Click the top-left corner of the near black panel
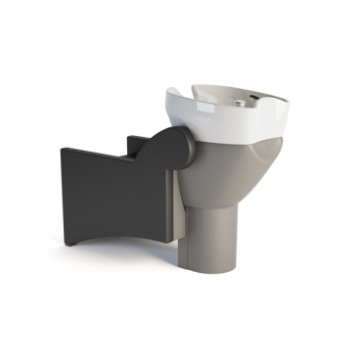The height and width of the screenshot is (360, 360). click(x=63, y=148)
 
